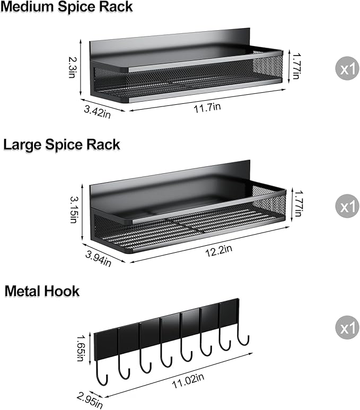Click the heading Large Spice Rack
[x=62, y=145]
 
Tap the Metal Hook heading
[x=42, y=291]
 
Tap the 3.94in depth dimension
[x=99, y=257]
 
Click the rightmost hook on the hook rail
[x=244, y=336]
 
